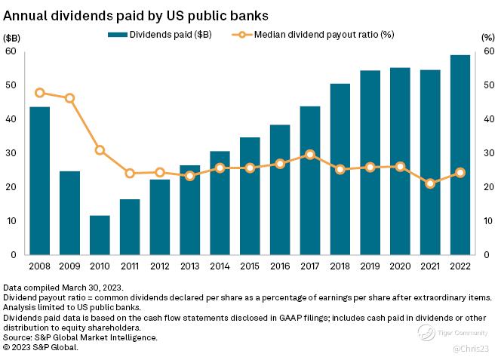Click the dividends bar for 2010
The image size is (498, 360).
[100, 235]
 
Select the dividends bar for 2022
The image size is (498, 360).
[460, 155]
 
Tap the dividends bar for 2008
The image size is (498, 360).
[40, 181]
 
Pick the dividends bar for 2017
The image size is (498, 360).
[310, 180]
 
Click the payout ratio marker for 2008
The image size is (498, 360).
[40, 93]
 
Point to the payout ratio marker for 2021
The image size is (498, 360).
[430, 183]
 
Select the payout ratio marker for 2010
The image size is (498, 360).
[100, 150]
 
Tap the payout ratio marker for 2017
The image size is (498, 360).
[310, 154]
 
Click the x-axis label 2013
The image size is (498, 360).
[190, 266]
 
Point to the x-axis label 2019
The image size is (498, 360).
[370, 266]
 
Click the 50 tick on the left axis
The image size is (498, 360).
[11, 85]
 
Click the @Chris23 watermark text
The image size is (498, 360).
[473, 348]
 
